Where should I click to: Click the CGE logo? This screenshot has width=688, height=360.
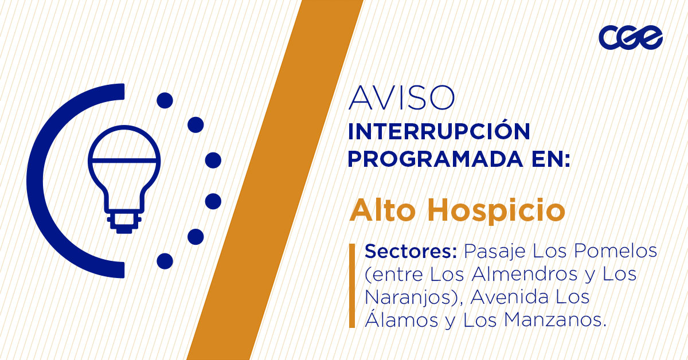coord(631,38)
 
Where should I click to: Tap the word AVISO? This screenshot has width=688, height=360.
coord(401,98)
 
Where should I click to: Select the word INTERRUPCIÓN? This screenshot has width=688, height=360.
coord(439,132)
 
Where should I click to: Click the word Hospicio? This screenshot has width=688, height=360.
coord(497,212)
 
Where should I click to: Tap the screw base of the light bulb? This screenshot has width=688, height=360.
coord(124,222)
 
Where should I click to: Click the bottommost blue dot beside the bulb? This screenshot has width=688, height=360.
coord(165,261)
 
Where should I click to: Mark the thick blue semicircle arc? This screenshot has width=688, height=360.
coord(43,181)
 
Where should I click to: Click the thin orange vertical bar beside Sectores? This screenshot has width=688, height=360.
coord(352,285)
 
